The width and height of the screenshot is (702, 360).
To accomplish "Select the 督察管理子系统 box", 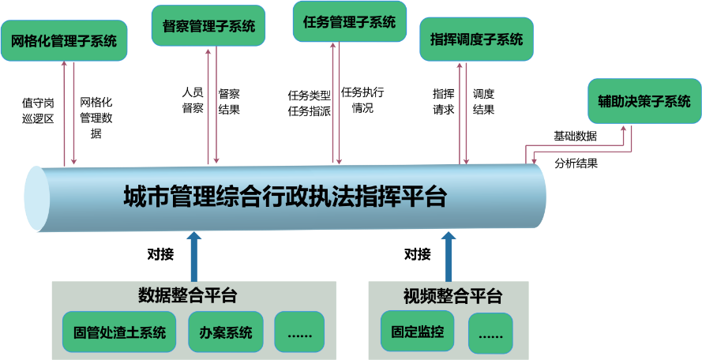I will [x=208, y=26].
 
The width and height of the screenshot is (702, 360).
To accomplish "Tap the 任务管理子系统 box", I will [x=349, y=22].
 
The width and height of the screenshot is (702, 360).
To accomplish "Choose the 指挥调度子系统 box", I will [x=476, y=39].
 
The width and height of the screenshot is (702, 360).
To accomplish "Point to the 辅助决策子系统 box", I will [x=644, y=101].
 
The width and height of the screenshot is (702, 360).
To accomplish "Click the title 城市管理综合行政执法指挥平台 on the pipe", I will [x=285, y=196].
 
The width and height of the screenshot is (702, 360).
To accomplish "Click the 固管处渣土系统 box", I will [x=119, y=332].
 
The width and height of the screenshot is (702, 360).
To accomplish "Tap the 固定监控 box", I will [x=417, y=332].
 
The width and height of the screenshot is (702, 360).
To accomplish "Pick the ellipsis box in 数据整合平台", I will [x=299, y=332].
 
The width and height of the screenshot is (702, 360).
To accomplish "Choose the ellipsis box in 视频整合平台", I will [x=490, y=334].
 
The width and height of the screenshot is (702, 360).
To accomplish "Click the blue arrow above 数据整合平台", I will [x=194, y=256].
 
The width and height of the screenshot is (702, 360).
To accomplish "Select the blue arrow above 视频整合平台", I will [x=449, y=256].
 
